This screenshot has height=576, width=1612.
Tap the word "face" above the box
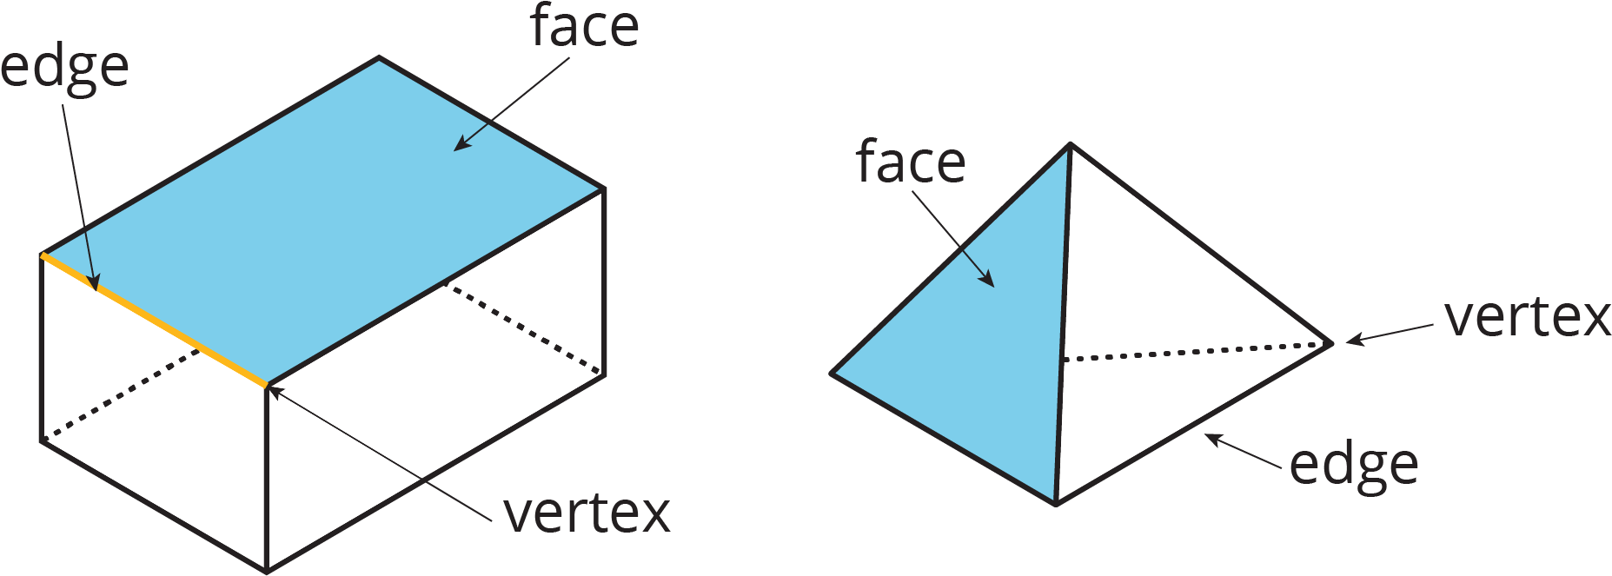pos(584,26)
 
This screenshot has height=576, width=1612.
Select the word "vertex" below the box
pos(587,513)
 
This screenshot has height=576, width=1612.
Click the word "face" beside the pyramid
pos(910,162)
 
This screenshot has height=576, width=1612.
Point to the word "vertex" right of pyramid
pos(1528,318)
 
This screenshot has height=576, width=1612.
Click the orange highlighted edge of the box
pos(154,320)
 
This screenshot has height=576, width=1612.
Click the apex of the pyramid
pos(1071,144)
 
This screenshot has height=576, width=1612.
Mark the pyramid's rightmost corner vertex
pos(1331,343)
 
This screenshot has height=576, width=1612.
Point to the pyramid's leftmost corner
pos(833,374)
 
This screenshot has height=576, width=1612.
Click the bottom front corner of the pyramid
pos(1056,504)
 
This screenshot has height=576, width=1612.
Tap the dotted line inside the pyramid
pos(1196,351)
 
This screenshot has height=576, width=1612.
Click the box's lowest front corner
pos(267,572)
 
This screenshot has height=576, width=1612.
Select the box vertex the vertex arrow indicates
pos(267,385)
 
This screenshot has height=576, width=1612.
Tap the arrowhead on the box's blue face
pos(462,144)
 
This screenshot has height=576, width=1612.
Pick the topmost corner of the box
pos(379,58)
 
